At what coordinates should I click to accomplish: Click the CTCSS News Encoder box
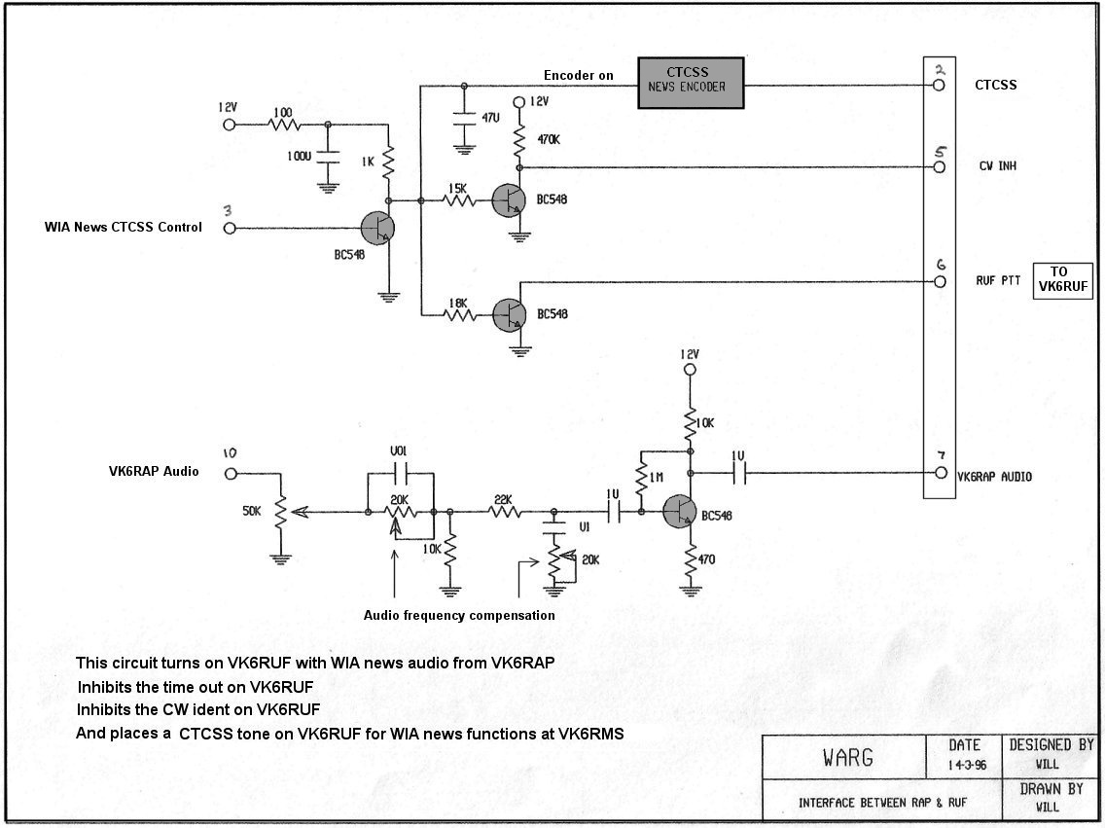coord(691,83)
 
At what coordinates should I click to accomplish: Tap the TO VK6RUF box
coord(1063,280)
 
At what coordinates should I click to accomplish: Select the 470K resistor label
coord(549,139)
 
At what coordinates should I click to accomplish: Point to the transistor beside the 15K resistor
coord(509,200)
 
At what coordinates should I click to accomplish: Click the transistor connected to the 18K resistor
coord(509,314)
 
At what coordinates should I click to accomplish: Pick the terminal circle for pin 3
coord(229,229)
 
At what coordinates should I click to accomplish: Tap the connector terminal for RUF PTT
coord(940,282)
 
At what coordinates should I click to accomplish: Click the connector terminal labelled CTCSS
coord(939,86)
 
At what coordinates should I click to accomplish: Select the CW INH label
coord(997,166)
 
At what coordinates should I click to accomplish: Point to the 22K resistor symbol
coord(503,513)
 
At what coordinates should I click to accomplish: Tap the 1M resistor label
coord(656,478)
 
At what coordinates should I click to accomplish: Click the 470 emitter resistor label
coord(706,559)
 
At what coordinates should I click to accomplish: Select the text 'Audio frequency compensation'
coord(459,615)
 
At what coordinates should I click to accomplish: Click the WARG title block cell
coord(844,757)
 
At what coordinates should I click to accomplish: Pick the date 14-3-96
coord(967,765)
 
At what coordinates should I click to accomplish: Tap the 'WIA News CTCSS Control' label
coord(124,227)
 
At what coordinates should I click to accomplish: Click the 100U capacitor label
coord(299,157)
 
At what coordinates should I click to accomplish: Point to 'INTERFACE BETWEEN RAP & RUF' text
coord(882,803)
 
